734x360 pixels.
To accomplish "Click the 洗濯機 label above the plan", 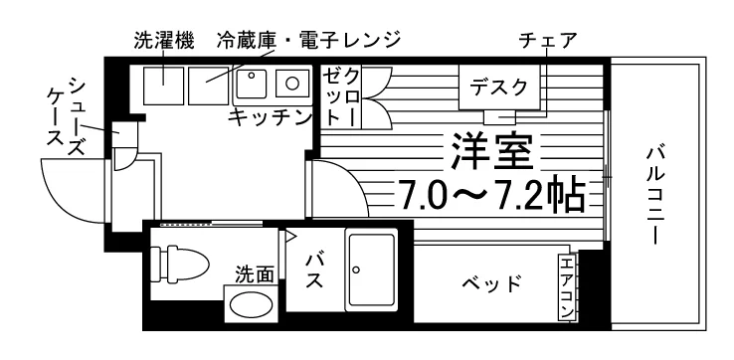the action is click(x=164, y=41).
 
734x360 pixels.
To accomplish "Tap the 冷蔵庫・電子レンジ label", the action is click(x=309, y=40).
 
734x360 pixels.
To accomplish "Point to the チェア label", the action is click(x=547, y=41).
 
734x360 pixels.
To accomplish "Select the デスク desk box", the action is click(x=498, y=88).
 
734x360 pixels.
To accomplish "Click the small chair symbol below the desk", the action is click(x=499, y=117).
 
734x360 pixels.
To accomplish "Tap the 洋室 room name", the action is click(x=492, y=151).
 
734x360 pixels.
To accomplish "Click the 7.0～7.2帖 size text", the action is click(x=491, y=194).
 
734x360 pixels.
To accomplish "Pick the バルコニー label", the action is click(x=656, y=196).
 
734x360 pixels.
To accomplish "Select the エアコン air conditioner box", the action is click(x=567, y=287).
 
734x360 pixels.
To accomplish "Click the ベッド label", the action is click(x=492, y=283).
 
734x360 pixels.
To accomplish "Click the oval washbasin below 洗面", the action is click(x=251, y=304).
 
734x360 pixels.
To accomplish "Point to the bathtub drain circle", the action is click(x=357, y=270).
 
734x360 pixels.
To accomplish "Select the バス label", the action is click(x=314, y=270).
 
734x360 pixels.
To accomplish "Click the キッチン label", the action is click(x=271, y=117).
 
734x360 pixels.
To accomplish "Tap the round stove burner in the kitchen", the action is click(x=292, y=84).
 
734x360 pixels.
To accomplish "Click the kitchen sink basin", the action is click(x=252, y=85).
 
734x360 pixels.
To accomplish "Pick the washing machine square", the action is click(x=163, y=86).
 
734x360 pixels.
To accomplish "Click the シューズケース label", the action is click(x=68, y=117).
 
